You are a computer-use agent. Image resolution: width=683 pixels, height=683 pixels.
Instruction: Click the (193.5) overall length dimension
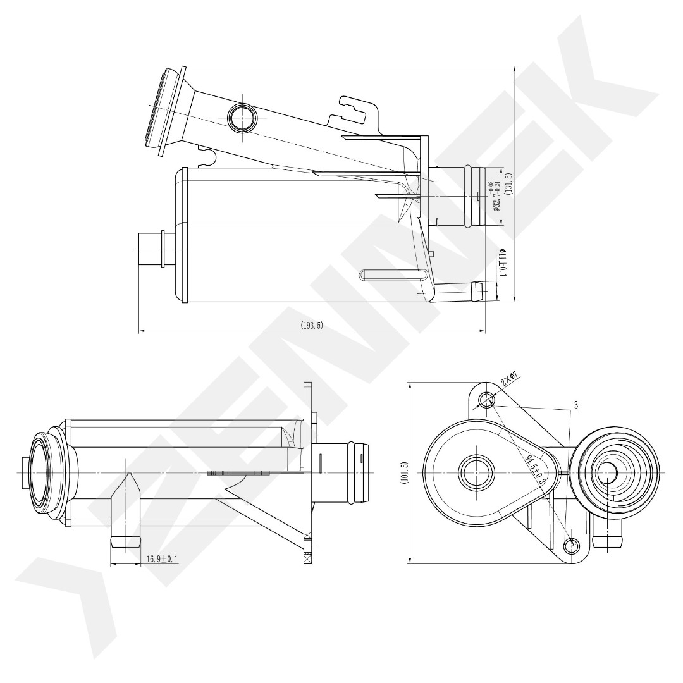(x=312, y=326)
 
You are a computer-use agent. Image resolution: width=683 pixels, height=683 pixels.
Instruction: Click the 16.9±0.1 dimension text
(x=162, y=559)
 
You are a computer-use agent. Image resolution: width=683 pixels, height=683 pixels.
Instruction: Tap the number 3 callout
(x=576, y=403)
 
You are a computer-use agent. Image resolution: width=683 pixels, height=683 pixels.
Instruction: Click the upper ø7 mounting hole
(x=487, y=399)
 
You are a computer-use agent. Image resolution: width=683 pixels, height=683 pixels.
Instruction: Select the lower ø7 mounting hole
(x=572, y=545)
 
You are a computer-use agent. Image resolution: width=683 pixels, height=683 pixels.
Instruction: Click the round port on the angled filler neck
(x=242, y=118)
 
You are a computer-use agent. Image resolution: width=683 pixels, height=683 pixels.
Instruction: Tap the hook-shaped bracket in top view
(x=358, y=111)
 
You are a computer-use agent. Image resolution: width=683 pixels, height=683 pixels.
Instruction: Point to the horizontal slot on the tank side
(x=392, y=274)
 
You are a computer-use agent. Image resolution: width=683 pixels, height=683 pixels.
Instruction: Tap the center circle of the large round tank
(x=474, y=472)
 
